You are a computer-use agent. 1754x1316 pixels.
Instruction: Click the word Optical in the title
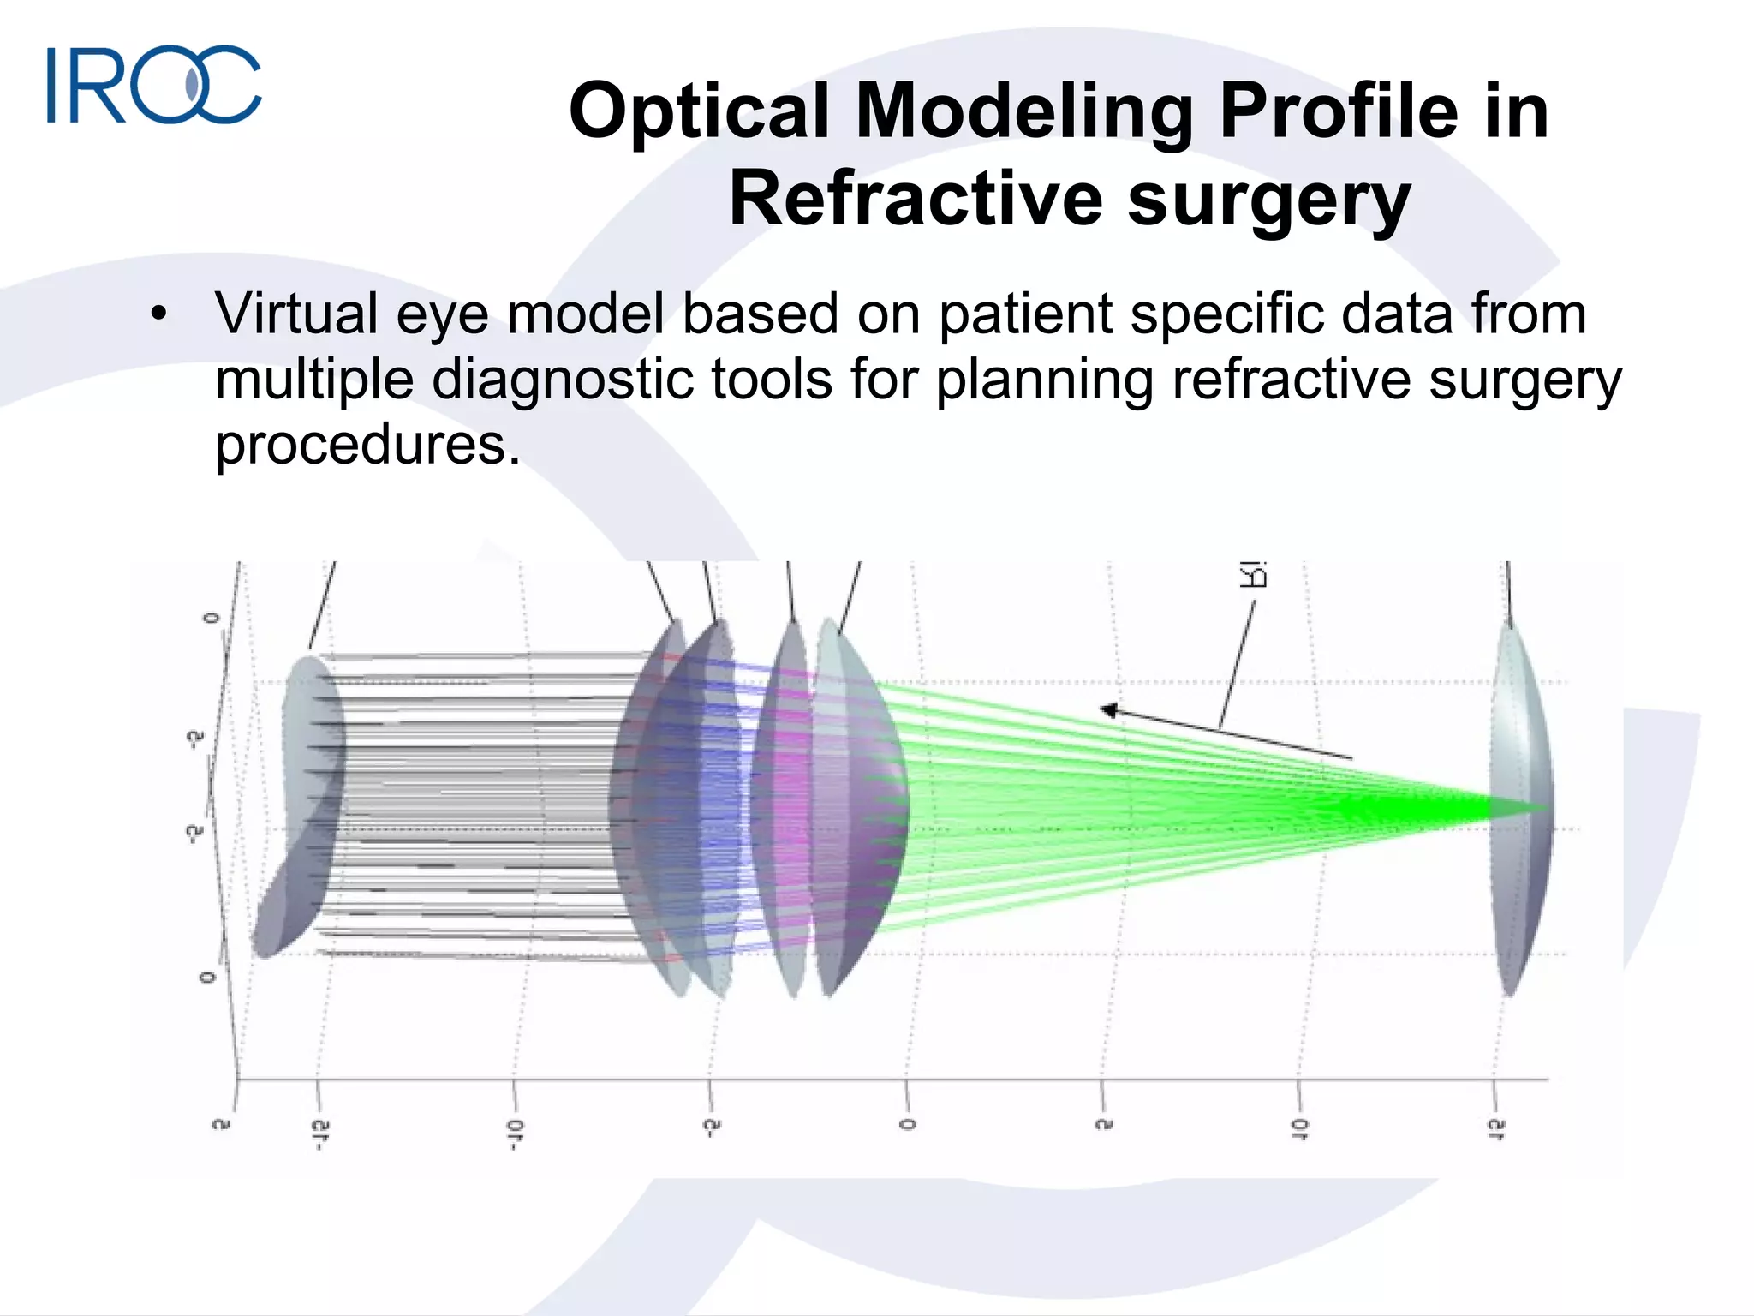click(699, 111)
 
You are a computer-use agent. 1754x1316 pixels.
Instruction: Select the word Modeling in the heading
click(1024, 111)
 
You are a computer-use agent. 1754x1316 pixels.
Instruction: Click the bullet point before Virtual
click(158, 315)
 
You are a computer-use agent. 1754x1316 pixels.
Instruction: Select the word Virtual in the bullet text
click(296, 314)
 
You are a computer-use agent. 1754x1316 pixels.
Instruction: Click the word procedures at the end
click(367, 446)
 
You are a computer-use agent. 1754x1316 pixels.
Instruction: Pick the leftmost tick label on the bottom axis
click(221, 1124)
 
